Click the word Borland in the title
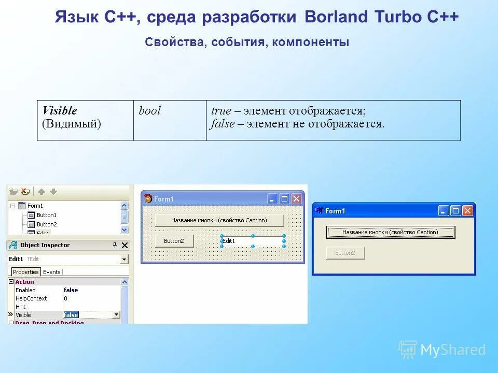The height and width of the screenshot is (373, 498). pyautogui.click(x=336, y=17)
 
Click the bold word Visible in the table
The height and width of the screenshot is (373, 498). pyautogui.click(x=60, y=110)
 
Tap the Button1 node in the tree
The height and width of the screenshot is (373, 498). pyautogui.click(x=46, y=215)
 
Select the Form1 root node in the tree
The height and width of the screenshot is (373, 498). pyautogui.click(x=35, y=206)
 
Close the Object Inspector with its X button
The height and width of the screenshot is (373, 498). pyautogui.click(x=125, y=246)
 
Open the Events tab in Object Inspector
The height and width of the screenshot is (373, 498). pyautogui.click(x=51, y=272)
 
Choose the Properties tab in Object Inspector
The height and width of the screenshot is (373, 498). pyautogui.click(x=26, y=272)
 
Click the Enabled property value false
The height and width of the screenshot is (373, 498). pyautogui.click(x=71, y=290)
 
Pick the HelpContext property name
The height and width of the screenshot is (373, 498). pyautogui.click(x=31, y=298)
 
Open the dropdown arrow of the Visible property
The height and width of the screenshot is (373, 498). pyautogui.click(x=116, y=314)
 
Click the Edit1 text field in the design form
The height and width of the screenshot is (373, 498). pyautogui.click(x=252, y=241)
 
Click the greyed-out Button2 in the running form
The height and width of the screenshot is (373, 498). pyautogui.click(x=345, y=253)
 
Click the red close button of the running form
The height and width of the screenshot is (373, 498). pyautogui.click(x=467, y=210)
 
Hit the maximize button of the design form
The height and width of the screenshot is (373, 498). pyautogui.click(x=284, y=198)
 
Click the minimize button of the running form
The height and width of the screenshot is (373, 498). pyautogui.click(x=444, y=210)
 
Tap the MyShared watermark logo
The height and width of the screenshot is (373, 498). pyautogui.click(x=442, y=350)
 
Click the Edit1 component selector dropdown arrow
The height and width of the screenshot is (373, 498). pyautogui.click(x=124, y=259)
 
